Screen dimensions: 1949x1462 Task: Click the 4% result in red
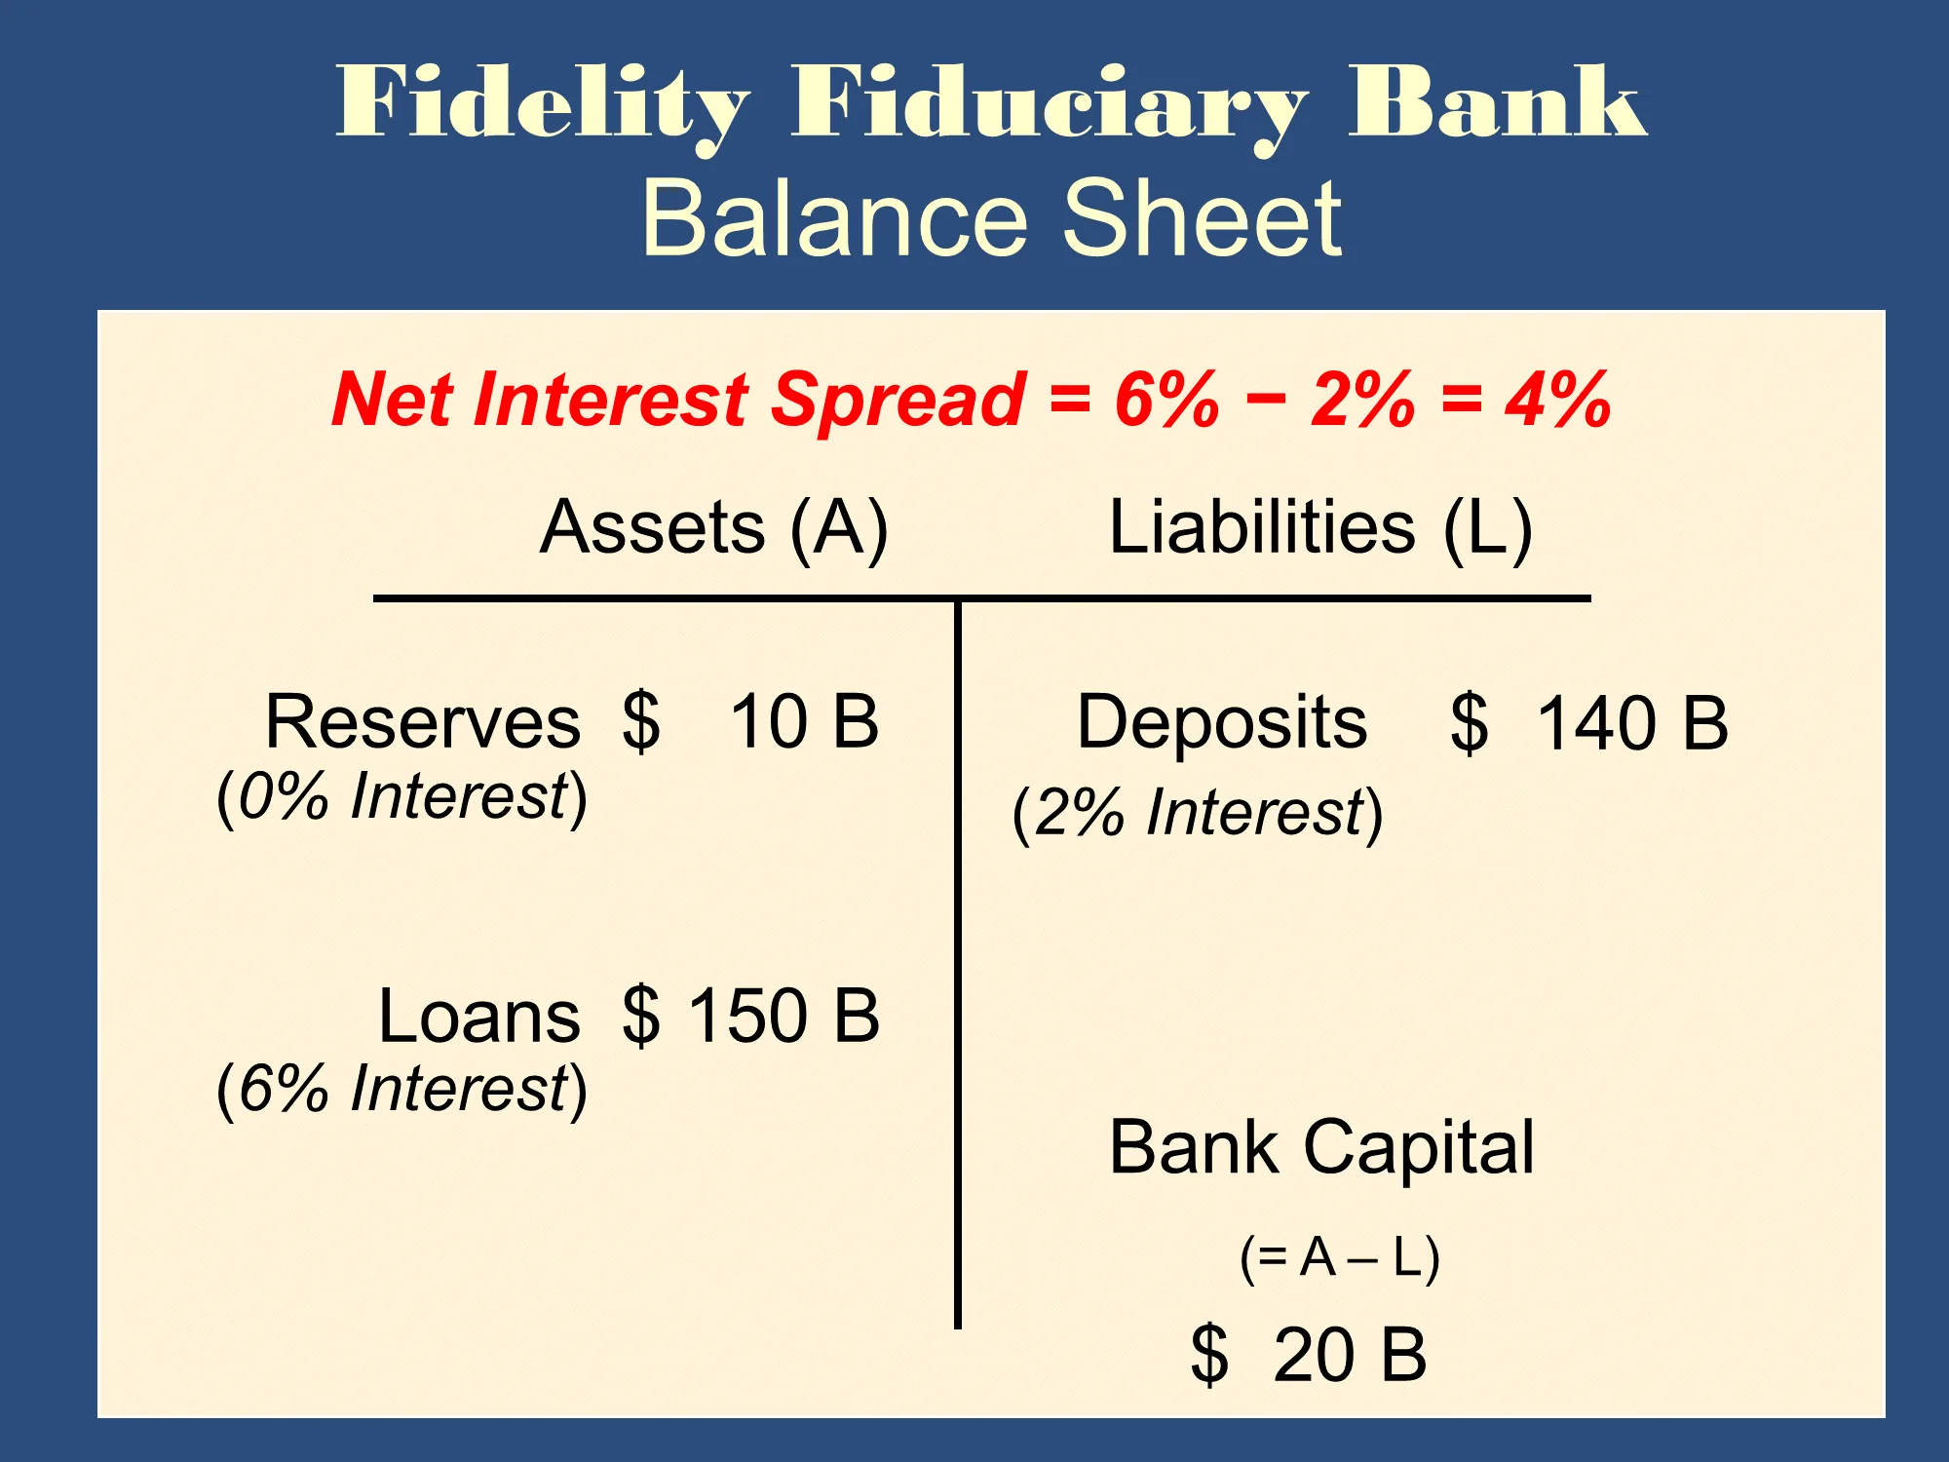1557,400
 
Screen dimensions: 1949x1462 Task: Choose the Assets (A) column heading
714,527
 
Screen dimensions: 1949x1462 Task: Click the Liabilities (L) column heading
1320,527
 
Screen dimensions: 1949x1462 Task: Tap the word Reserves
423,722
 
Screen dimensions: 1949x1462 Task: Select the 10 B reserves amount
805,722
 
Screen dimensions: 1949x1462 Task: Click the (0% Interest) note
401,796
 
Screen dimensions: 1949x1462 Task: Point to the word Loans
479,1016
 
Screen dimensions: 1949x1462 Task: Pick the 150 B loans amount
784,1016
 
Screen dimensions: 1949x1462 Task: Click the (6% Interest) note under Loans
401,1089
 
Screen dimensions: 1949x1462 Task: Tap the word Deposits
1222,722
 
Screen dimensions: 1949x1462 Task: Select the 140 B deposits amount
1632,723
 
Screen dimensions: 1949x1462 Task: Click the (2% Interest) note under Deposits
1198,813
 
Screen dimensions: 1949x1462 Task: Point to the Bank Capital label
1321,1148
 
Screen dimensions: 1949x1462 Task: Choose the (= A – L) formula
1340,1257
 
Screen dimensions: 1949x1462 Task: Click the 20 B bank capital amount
1350,1355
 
